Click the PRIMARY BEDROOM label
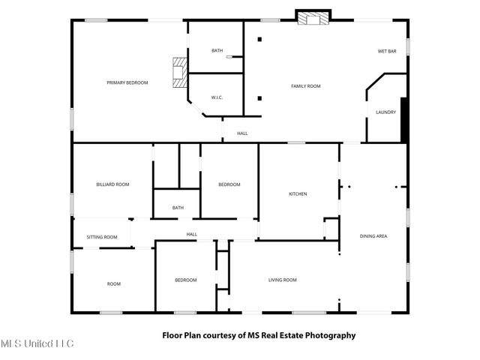click(127, 82)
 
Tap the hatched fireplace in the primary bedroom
click(178, 73)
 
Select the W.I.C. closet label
click(217, 97)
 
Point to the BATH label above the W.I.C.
click(217, 50)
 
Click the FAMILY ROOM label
click(305, 86)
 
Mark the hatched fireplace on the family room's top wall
click(313, 18)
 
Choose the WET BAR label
click(386, 51)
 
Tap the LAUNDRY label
click(385, 112)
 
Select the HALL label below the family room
click(242, 133)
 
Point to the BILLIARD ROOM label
click(112, 184)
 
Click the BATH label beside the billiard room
click(178, 208)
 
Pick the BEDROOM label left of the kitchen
click(229, 184)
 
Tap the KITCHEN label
click(298, 194)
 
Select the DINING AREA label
click(373, 236)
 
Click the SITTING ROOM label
click(102, 237)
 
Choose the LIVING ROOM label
click(283, 280)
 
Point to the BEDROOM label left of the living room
click(185, 280)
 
